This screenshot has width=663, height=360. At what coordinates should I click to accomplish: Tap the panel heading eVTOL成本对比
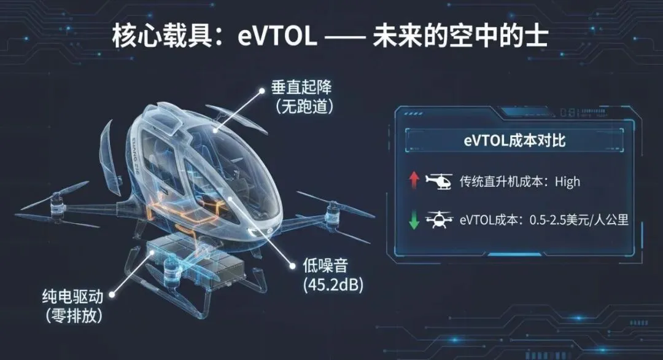tap(514, 141)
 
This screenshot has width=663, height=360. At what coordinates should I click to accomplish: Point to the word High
tap(567, 181)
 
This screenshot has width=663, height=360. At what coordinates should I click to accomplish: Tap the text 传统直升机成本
tap(503, 181)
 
